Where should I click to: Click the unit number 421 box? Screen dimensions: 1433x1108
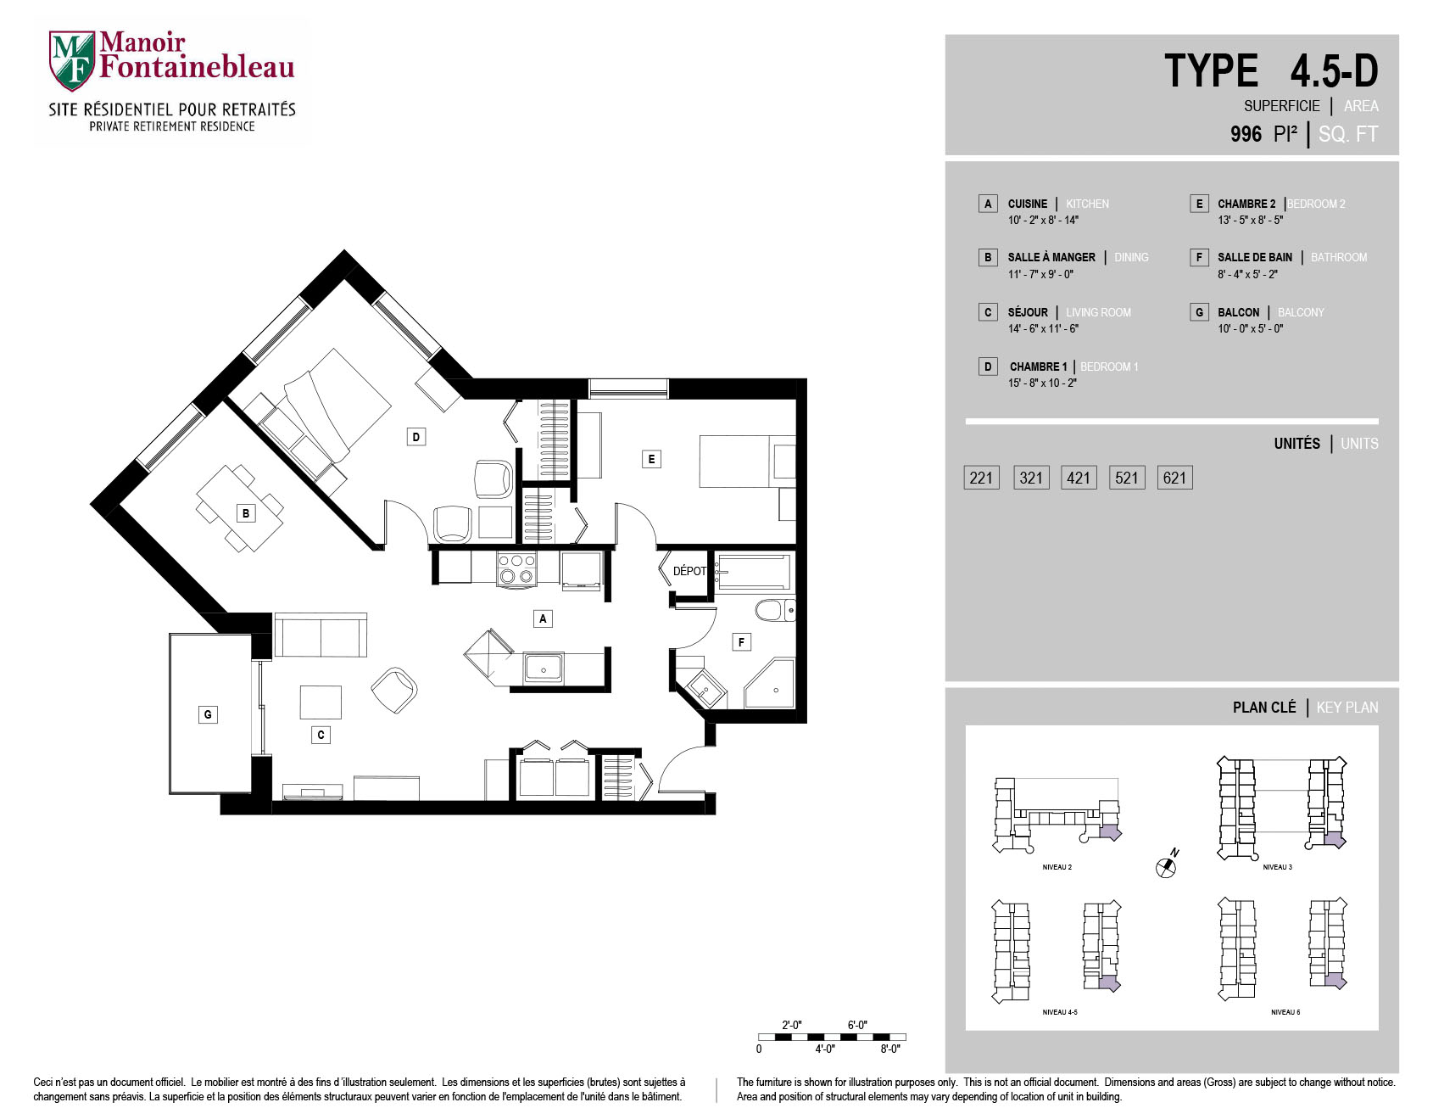click(x=1079, y=478)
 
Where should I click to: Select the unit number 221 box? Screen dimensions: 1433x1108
click(x=981, y=478)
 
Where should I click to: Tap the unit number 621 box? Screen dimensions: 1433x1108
click(x=1174, y=478)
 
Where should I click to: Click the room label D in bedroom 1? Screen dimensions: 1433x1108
click(x=415, y=437)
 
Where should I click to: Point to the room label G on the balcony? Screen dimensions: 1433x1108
click(x=208, y=714)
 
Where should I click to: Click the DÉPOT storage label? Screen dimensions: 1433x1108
click(x=689, y=571)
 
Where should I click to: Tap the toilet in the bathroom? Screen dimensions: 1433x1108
click(x=774, y=610)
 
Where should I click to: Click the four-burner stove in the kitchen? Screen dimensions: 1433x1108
click(x=516, y=568)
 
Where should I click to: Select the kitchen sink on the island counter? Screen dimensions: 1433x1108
click(x=544, y=668)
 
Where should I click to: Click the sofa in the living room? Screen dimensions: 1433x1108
click(x=321, y=635)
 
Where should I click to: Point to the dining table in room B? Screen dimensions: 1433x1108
click(x=240, y=507)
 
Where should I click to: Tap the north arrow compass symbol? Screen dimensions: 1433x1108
click(x=1167, y=865)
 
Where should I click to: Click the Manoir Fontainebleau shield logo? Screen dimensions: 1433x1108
click(x=71, y=61)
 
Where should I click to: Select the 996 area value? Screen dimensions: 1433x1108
click(x=1246, y=134)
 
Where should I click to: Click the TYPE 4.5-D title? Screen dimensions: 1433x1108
click(x=1271, y=71)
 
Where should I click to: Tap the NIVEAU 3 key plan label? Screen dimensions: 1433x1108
click(x=1277, y=867)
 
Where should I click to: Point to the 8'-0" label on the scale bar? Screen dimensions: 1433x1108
click(x=889, y=1049)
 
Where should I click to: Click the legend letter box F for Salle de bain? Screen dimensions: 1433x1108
click(x=1199, y=257)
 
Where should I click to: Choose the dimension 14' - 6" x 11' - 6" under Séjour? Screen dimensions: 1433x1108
click(x=1043, y=329)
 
